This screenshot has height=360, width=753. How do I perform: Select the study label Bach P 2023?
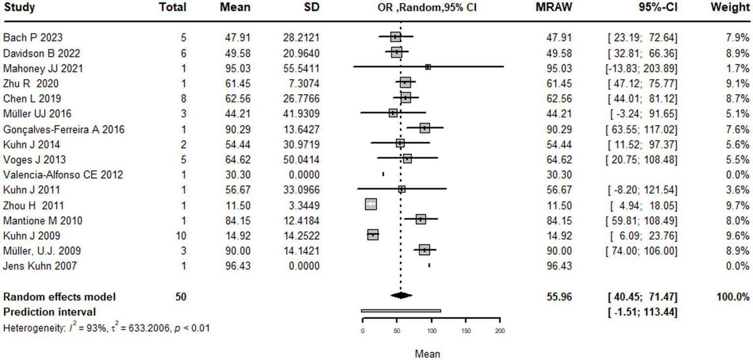32,37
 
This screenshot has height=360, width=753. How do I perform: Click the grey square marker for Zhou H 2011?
371,205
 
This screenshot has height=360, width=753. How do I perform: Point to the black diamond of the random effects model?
401,295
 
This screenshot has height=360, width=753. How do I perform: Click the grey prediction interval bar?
401,310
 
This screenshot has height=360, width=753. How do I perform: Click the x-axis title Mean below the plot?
427,354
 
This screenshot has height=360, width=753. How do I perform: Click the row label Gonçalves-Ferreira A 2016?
63,129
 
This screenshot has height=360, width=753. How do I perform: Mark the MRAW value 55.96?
559,296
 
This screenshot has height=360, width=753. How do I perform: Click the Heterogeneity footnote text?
106,328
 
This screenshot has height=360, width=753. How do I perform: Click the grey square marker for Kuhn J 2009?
373,235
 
